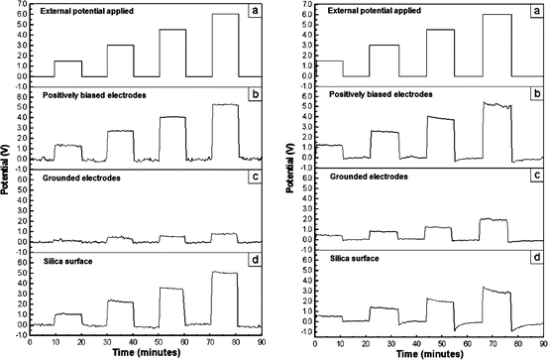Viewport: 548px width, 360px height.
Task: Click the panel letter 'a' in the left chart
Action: [x=255, y=10]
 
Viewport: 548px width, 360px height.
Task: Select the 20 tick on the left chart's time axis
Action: [x=82, y=341]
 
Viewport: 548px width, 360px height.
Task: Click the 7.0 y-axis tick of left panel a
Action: [x=20, y=4]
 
